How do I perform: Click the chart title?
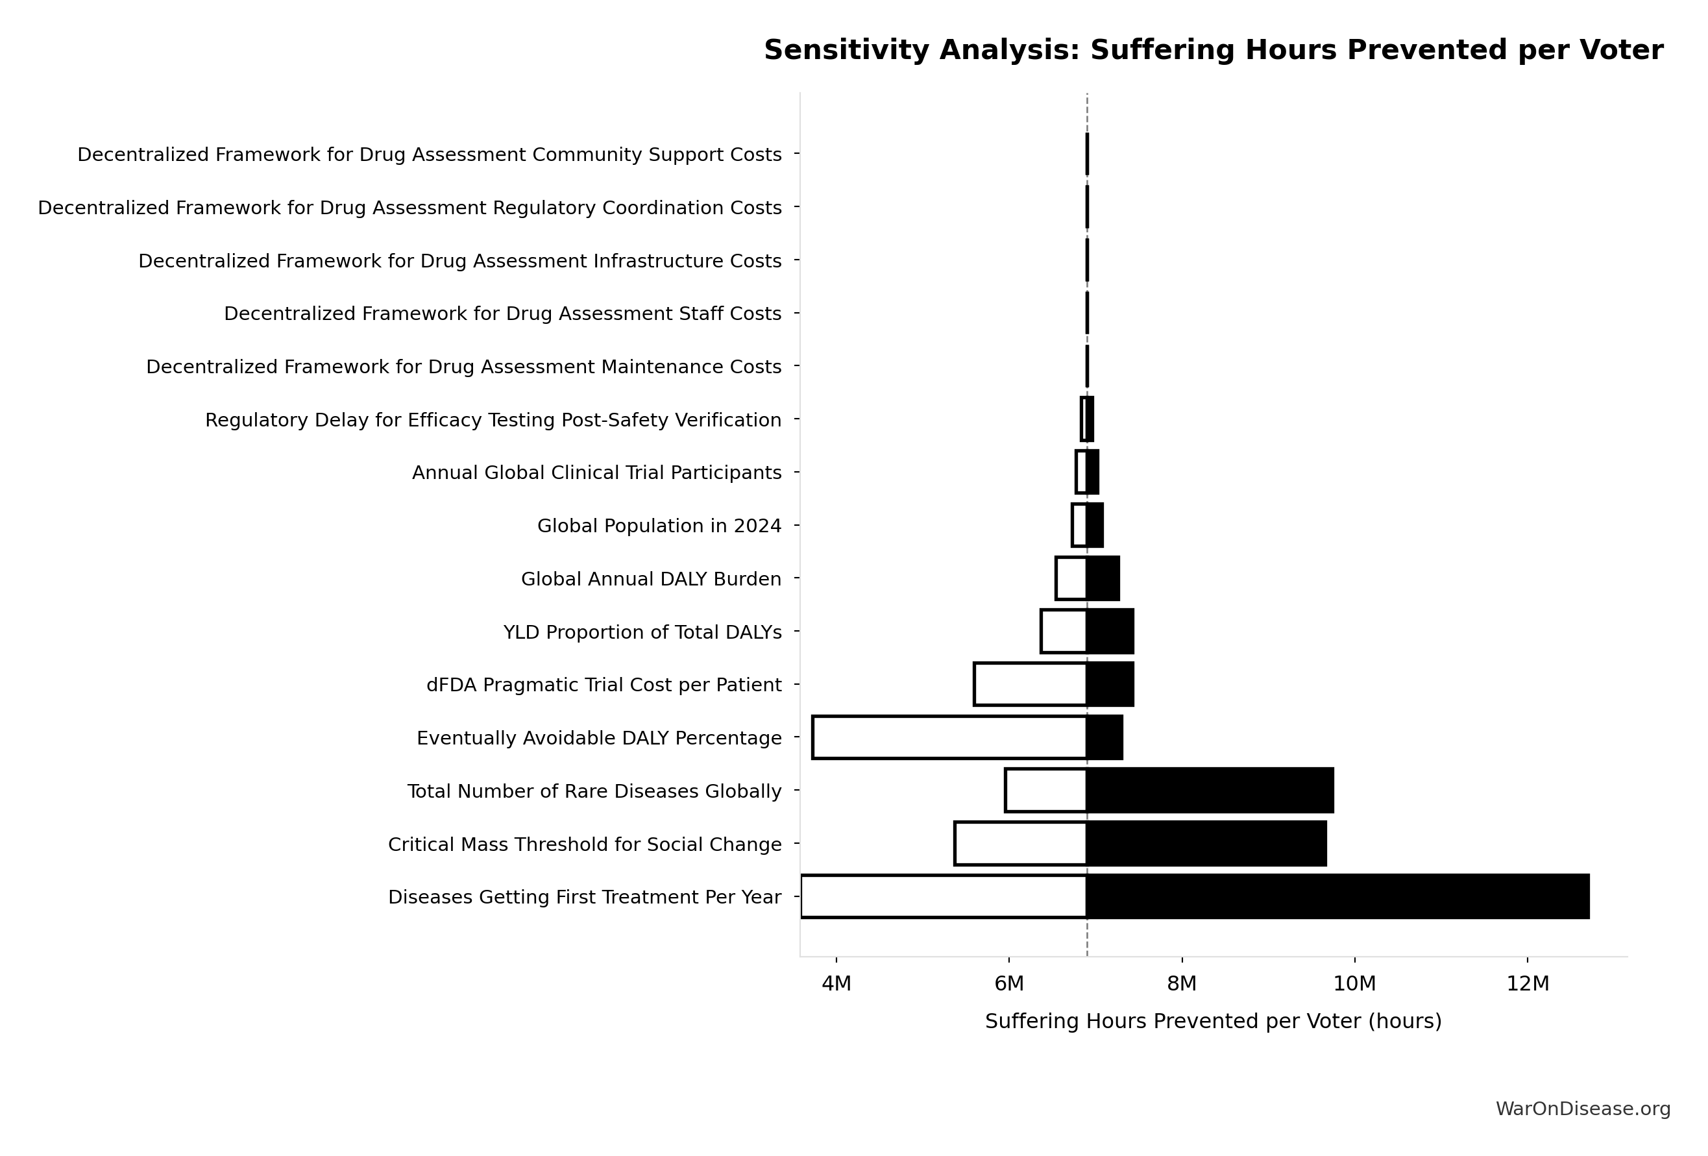point(1214,51)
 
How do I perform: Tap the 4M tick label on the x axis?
point(836,984)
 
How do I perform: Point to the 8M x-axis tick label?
point(1182,984)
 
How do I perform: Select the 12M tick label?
point(1527,984)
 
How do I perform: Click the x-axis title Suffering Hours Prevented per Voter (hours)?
point(1213,1022)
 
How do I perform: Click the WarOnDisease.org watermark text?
point(1583,1109)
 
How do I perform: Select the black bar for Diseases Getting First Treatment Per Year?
point(1337,896)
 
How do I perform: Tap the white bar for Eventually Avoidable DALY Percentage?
point(949,737)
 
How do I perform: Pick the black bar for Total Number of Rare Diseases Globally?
point(1210,791)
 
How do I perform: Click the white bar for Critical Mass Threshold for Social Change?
point(1020,844)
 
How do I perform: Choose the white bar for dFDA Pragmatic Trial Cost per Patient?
point(1030,684)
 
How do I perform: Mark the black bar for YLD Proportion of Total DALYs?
point(1110,632)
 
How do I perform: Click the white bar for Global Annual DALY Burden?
point(1071,578)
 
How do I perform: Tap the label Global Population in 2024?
point(659,526)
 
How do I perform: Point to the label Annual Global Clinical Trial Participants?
point(597,473)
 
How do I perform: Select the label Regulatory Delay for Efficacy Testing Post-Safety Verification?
point(493,421)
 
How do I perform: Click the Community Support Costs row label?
point(429,155)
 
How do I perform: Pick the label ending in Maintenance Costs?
point(464,367)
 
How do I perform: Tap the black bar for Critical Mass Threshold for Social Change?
point(1206,844)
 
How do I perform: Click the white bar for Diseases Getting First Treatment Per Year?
point(944,896)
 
